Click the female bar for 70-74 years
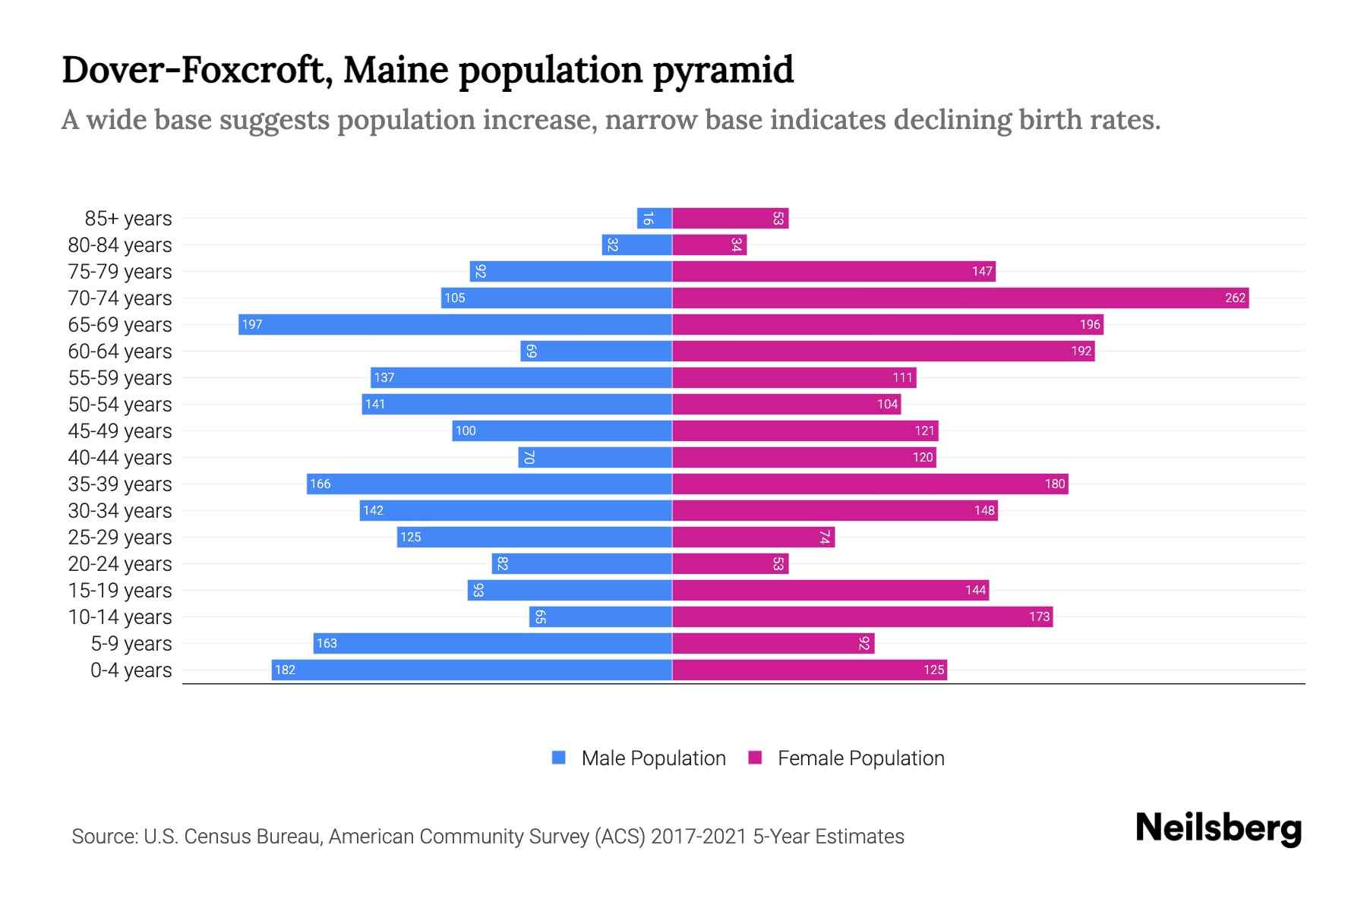click(960, 298)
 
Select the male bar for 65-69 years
click(456, 325)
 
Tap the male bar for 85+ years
click(655, 219)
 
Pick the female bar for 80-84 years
click(709, 245)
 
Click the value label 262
click(1235, 298)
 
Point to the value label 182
click(285, 670)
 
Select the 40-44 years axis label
click(120, 458)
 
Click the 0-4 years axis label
click(131, 670)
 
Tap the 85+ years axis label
click(128, 219)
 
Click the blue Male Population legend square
click(559, 758)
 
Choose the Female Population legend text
click(860, 758)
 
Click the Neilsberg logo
click(1218, 828)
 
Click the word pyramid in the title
click(723, 71)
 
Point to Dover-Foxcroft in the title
click(194, 71)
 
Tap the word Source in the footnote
click(104, 837)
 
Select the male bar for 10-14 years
click(601, 617)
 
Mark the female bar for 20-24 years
click(730, 564)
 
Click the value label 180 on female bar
click(1054, 484)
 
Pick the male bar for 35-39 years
click(490, 484)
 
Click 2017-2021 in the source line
click(699, 837)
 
